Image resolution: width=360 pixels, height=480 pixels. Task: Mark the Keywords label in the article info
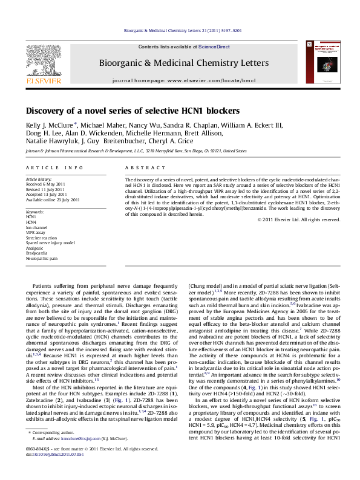click(x=35, y=213)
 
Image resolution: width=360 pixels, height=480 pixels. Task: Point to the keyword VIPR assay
click(x=36, y=232)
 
